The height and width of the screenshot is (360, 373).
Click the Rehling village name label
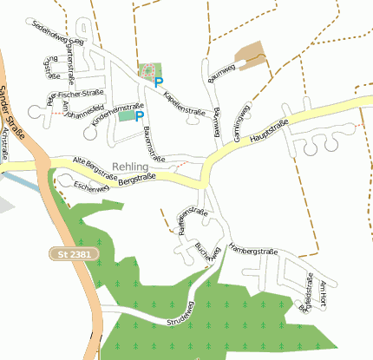tap(131, 166)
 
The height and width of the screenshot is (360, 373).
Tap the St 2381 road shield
tap(67, 253)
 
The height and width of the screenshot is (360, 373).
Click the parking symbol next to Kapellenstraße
tap(158, 83)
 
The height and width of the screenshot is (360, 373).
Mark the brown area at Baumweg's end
tap(252, 55)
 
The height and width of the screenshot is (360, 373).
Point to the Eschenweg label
tap(92, 186)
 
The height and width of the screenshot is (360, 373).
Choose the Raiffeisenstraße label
tap(192, 222)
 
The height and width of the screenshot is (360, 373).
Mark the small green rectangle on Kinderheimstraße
tap(128, 115)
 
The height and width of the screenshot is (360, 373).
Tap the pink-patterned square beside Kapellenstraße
tap(148, 69)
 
